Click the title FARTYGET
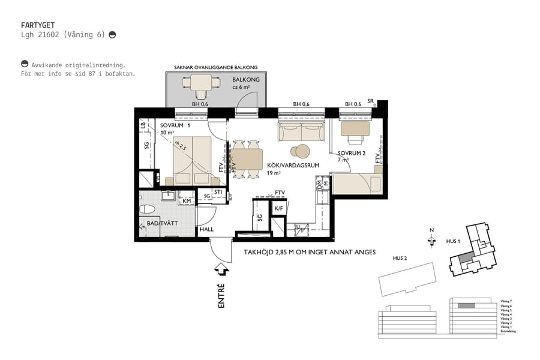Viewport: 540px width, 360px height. point(38,25)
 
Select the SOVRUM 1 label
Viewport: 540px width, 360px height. point(175,125)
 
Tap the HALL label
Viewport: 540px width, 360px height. point(206,229)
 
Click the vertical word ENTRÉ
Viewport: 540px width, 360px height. point(221,296)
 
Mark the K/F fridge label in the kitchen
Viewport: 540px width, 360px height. point(278,208)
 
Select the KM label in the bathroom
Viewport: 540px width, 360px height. point(187,200)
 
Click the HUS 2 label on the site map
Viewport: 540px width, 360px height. point(400,258)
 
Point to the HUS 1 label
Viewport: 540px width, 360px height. point(453,241)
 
